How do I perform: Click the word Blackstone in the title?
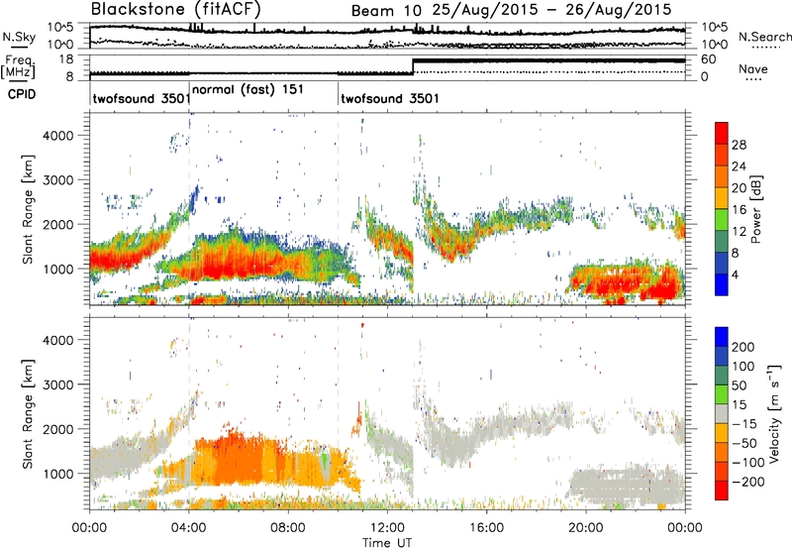click(139, 11)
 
